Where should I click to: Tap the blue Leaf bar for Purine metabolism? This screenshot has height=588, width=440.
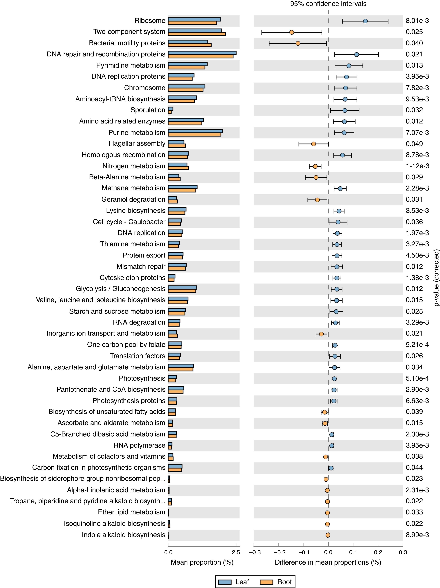tap(195, 131)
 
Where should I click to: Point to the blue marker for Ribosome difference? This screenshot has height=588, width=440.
tap(365, 21)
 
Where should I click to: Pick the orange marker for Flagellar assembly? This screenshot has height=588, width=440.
tap(313, 144)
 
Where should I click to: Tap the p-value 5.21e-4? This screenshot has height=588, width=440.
tap(417, 344)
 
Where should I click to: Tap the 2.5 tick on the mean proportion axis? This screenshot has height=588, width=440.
tap(236, 552)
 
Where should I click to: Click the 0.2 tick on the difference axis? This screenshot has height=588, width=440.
tap(378, 552)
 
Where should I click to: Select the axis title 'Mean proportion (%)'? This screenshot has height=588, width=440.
tap(202, 562)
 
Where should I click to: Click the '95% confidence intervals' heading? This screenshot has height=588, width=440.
tap(328, 4)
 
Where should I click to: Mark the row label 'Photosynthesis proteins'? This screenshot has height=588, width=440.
tap(129, 401)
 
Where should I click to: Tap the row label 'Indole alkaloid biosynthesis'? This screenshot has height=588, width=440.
tap(123, 535)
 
